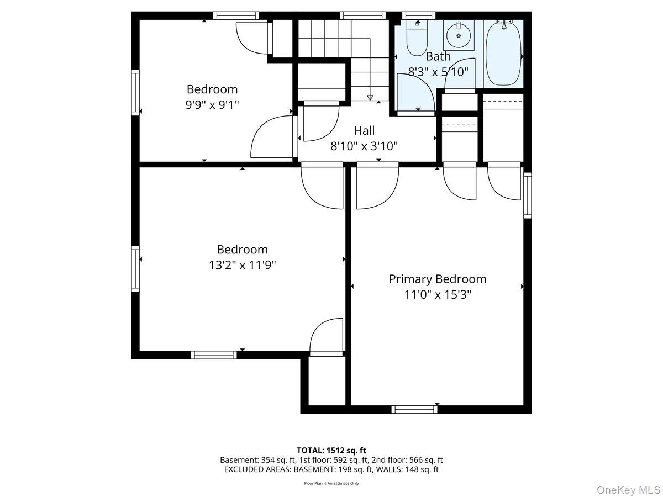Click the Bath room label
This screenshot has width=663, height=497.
[x=438, y=56]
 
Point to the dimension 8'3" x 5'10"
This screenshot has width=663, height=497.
[x=438, y=71]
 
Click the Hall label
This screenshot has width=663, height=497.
[x=364, y=131]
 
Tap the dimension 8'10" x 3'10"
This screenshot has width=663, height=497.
[x=364, y=146]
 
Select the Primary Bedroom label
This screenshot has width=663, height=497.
[x=438, y=279]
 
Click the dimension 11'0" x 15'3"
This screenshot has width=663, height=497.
[x=438, y=294]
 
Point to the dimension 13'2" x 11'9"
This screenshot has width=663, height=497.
[x=242, y=265]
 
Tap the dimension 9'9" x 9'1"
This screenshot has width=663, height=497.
[x=212, y=104]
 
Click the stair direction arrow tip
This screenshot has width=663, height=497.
[x=370, y=98]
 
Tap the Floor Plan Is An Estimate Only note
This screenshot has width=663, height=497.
[x=331, y=483]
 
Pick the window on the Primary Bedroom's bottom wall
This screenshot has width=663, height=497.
[x=414, y=409]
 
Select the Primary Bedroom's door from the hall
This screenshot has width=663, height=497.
[x=376, y=188]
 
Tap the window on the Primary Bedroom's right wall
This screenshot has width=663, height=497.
[x=527, y=194]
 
